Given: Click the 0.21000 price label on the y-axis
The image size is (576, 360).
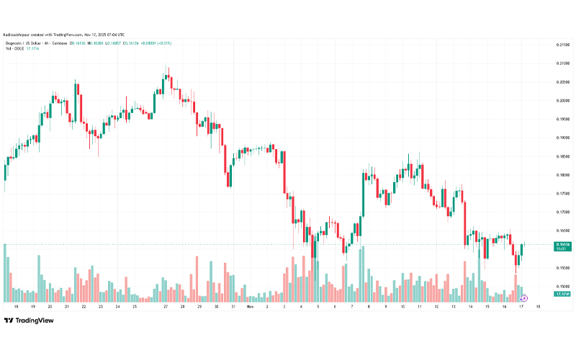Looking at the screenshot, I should [x=563, y=45].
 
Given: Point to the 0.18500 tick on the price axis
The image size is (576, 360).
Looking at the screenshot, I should [x=563, y=156].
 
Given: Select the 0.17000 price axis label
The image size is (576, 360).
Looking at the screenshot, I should [x=563, y=212].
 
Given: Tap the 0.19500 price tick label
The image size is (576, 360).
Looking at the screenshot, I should [x=563, y=120].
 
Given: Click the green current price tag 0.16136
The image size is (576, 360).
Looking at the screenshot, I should [x=563, y=244].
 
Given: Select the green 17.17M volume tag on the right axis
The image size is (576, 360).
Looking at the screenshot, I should [x=563, y=294].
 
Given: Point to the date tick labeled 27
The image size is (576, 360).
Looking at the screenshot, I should [x=165, y=306].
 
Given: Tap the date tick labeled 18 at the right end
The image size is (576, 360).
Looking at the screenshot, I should [x=538, y=306].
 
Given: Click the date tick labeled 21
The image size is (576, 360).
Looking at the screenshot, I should [x=66, y=306].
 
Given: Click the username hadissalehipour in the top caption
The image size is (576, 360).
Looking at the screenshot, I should [x=22, y=35].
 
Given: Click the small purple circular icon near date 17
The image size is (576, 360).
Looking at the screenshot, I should [x=524, y=297].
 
